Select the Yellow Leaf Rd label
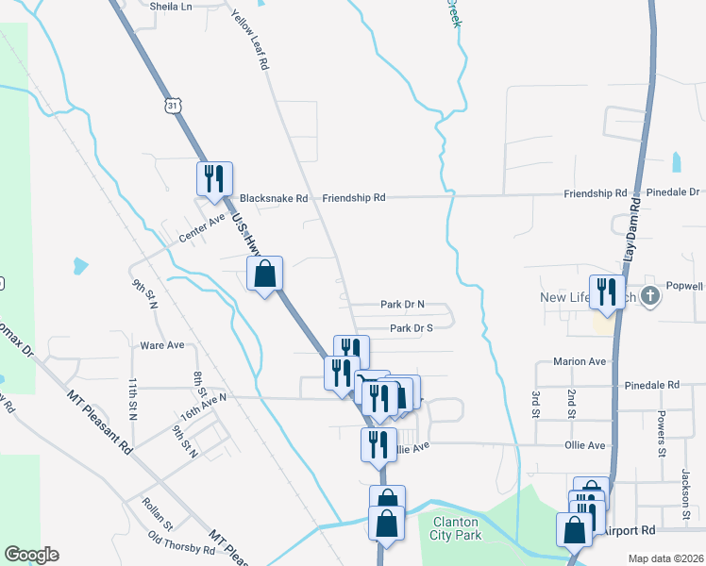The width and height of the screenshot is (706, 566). pos(257,45)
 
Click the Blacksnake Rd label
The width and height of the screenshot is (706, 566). pos(274,199)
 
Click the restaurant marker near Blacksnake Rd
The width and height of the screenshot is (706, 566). pos(214,177)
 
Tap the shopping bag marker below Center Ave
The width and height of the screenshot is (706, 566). pos(265,275)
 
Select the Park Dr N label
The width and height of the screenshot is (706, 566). pos(402,305)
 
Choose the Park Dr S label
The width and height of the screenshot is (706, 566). pos(411,328)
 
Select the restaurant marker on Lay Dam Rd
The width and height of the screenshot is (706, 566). pos(605,290)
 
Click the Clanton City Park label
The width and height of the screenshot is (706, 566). pos(457,528)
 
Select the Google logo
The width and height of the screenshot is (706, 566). pos(32,555)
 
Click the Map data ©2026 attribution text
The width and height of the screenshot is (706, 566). pos(665,558)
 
